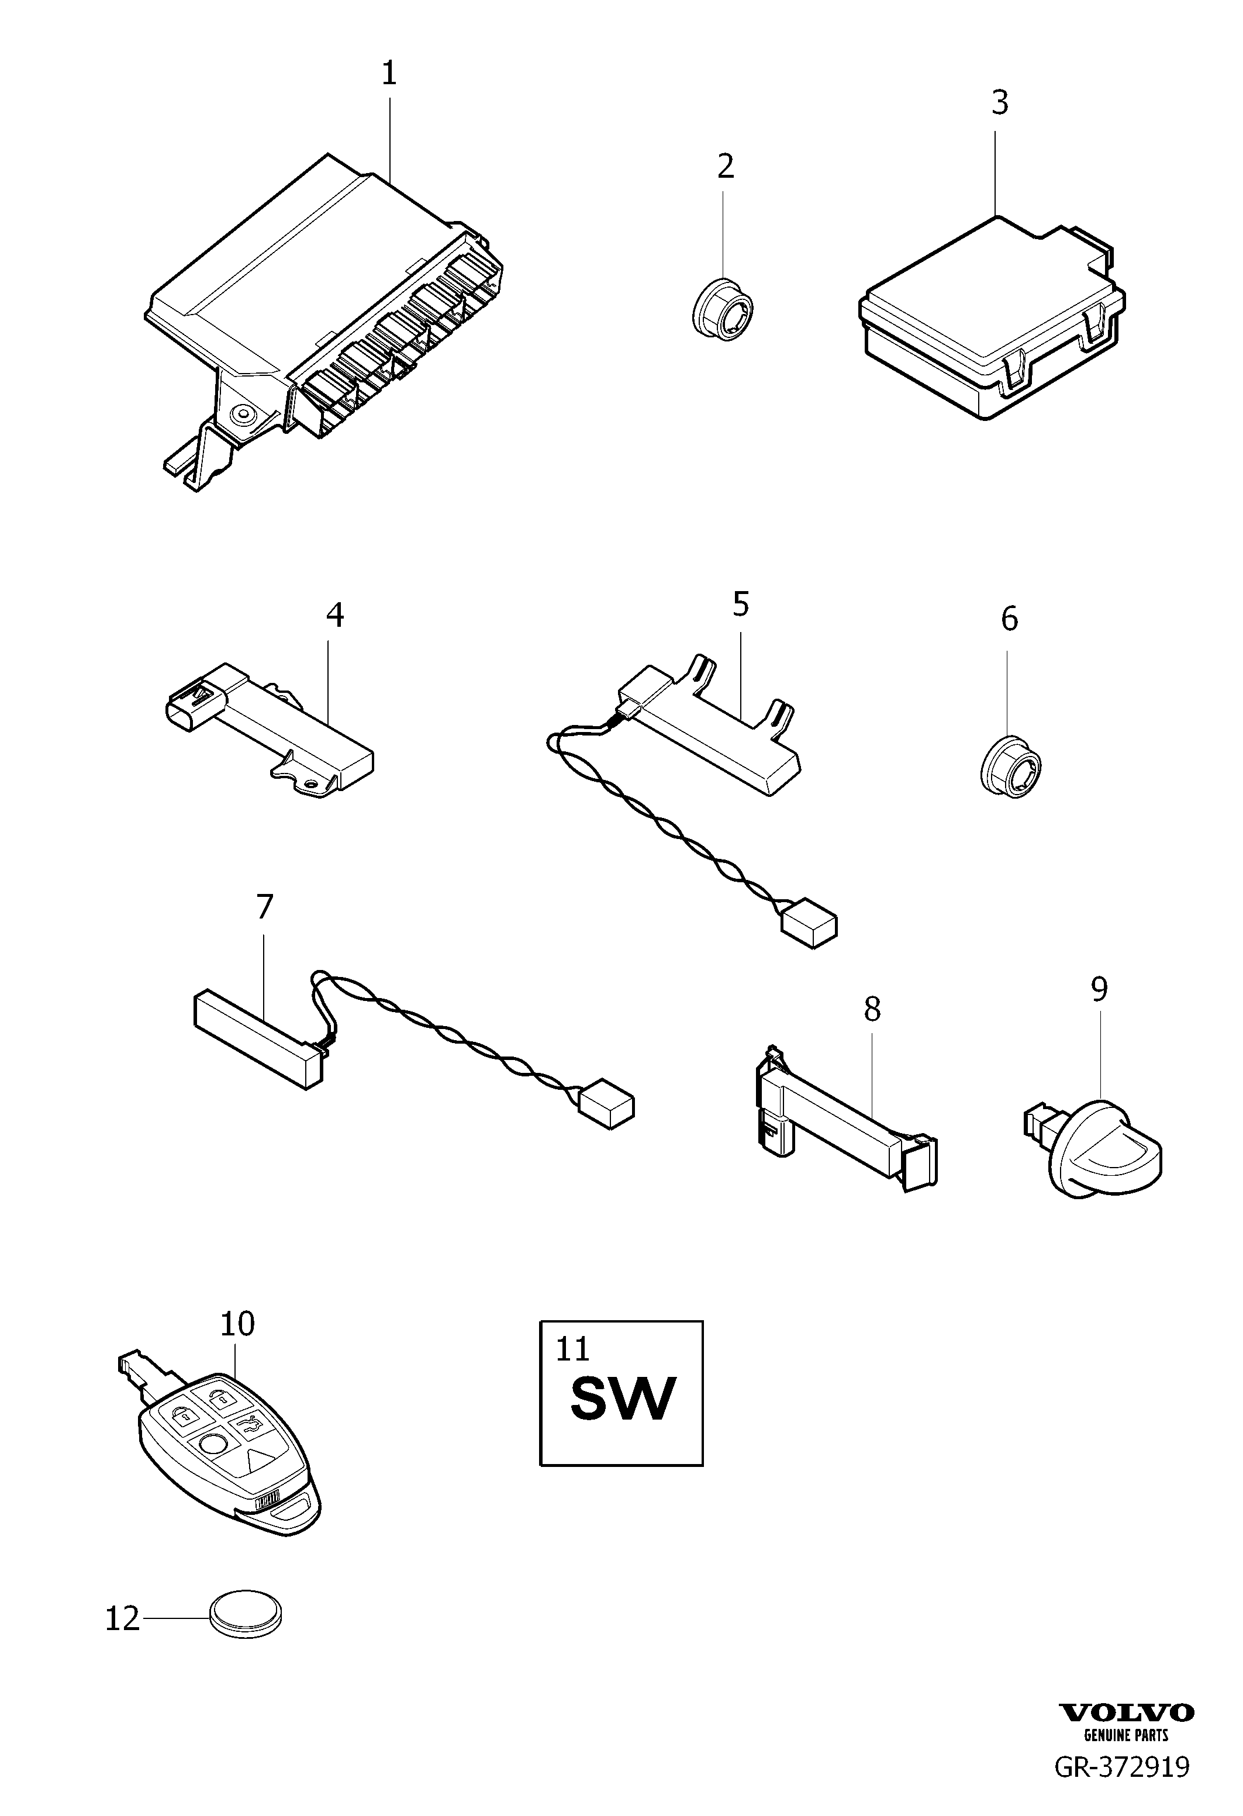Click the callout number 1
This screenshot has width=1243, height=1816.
point(389,74)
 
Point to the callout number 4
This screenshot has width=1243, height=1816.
point(334,616)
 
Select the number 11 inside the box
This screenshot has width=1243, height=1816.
point(572,1349)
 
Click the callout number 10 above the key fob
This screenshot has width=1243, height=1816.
point(237,1324)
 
